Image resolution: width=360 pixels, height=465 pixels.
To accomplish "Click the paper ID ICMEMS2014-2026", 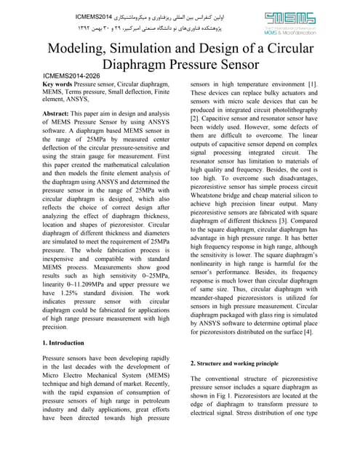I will [x=72, y=76].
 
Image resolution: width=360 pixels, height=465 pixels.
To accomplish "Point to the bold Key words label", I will [x=62, y=85].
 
